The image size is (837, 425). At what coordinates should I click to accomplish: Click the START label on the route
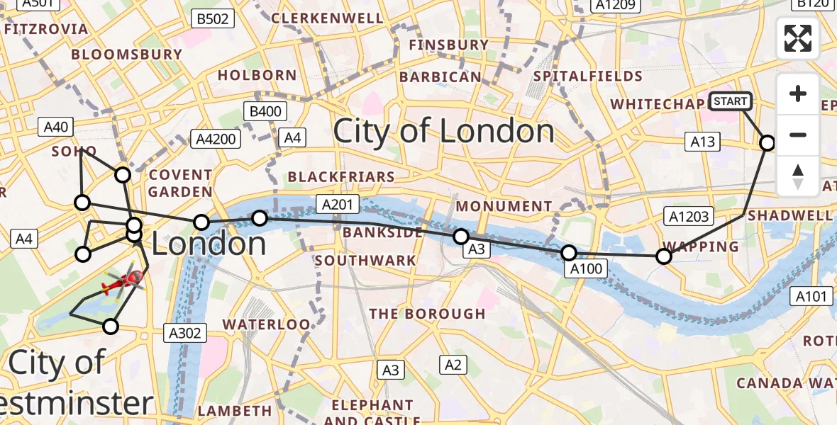[x=730, y=101]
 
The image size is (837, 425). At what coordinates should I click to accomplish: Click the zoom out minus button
[x=798, y=135]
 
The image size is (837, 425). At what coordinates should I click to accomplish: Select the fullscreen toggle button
[x=798, y=38]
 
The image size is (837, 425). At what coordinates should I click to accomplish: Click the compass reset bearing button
[x=798, y=176]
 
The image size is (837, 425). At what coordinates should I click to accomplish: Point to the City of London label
[x=443, y=132]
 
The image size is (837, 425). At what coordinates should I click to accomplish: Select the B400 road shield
[x=265, y=111]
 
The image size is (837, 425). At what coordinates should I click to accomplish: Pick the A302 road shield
[x=185, y=332]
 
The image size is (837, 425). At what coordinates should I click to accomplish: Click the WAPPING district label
[x=699, y=246]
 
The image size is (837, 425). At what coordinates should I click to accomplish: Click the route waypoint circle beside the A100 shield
[x=569, y=252]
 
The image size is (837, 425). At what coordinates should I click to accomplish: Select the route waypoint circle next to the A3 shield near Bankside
[x=461, y=236]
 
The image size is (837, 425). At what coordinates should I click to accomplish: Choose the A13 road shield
[x=702, y=142]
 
